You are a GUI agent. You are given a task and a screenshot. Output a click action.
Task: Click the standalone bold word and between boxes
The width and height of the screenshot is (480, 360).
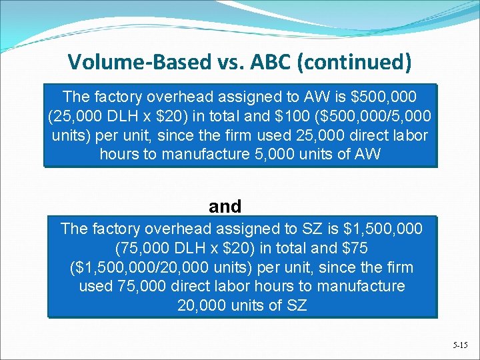pos(225,207)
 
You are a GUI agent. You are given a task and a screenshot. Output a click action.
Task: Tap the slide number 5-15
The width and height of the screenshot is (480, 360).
pos(460,346)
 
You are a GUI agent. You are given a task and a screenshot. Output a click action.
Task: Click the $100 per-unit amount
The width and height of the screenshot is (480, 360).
pos(304,115)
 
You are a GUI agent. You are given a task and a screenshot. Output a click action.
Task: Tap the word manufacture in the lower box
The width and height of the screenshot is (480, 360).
pos(361,287)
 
